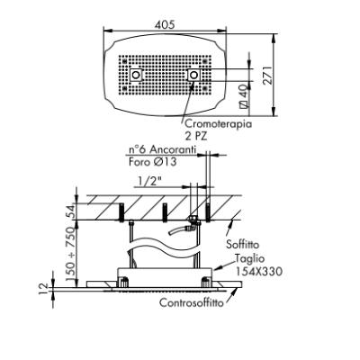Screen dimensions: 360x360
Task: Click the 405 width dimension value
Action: point(165,24)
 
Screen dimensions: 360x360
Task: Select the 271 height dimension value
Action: point(268,75)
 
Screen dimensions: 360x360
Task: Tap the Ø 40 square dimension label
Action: point(244,95)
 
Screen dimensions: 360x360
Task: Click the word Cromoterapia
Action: point(218,123)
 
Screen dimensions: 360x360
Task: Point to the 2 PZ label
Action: point(195,137)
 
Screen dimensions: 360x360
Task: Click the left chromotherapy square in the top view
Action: point(136,75)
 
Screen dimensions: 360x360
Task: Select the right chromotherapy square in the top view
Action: point(193,75)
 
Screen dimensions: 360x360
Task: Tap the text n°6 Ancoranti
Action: point(162,149)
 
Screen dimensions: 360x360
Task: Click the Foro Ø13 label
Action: point(153,162)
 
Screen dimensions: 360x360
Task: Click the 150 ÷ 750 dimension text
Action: point(70,255)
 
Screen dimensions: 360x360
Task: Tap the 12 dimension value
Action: point(44,289)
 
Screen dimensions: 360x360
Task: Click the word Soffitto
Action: point(242,244)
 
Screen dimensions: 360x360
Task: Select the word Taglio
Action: point(250,258)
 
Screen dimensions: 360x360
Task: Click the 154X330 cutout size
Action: point(258,272)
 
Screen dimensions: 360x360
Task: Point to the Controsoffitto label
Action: point(192,302)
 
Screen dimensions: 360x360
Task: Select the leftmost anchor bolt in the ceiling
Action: point(121,212)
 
